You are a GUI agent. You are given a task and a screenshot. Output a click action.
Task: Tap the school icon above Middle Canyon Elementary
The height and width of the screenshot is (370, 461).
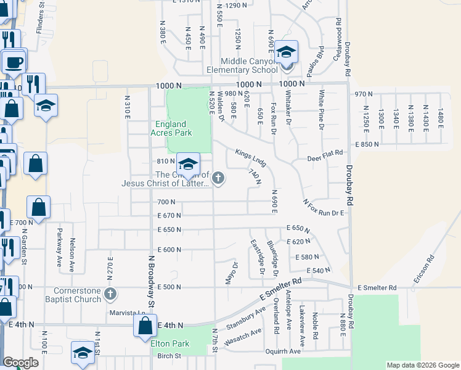[286, 52]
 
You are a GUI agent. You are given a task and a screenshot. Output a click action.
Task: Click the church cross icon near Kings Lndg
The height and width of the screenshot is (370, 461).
[218, 178]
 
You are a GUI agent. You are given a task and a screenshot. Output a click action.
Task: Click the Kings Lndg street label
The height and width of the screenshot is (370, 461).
[250, 157]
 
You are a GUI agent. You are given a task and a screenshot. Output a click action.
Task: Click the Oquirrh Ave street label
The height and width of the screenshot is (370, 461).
[284, 351]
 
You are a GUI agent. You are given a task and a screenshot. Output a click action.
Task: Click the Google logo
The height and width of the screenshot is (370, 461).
[20, 363]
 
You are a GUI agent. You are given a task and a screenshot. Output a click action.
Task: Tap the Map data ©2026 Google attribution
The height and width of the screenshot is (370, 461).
[422, 365]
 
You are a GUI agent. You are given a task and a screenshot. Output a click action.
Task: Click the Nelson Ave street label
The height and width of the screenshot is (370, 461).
[73, 255]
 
